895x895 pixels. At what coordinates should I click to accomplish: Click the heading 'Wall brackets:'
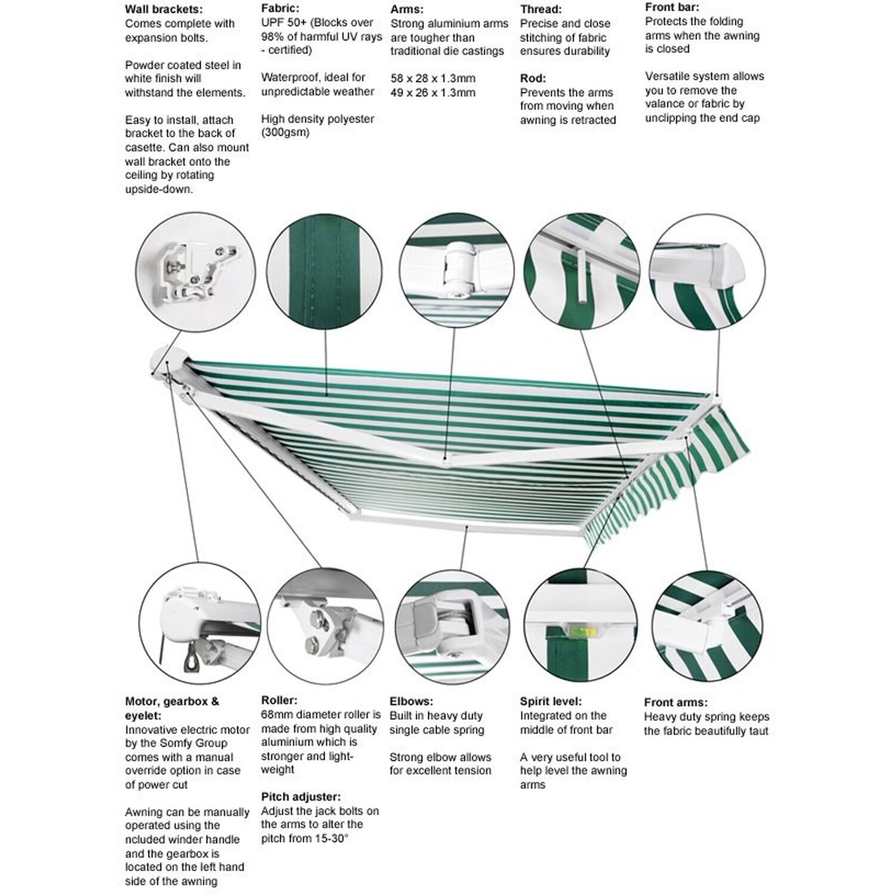(x=163, y=10)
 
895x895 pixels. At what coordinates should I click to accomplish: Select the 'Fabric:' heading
(x=280, y=9)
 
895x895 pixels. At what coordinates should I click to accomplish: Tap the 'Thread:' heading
(x=541, y=10)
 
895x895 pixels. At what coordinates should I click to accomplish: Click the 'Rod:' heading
(x=533, y=78)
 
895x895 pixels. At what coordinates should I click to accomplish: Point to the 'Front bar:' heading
(x=672, y=8)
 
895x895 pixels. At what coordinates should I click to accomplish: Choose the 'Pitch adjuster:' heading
(x=301, y=797)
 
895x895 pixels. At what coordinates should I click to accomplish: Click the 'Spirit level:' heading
(x=550, y=702)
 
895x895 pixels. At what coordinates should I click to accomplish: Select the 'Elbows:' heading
(x=411, y=702)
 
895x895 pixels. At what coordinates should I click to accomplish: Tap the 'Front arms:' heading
(x=675, y=702)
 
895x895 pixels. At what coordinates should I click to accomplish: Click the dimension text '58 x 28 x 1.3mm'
(x=433, y=78)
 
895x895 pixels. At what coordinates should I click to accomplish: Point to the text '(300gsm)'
(x=285, y=132)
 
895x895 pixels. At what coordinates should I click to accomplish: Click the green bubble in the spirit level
(x=578, y=628)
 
